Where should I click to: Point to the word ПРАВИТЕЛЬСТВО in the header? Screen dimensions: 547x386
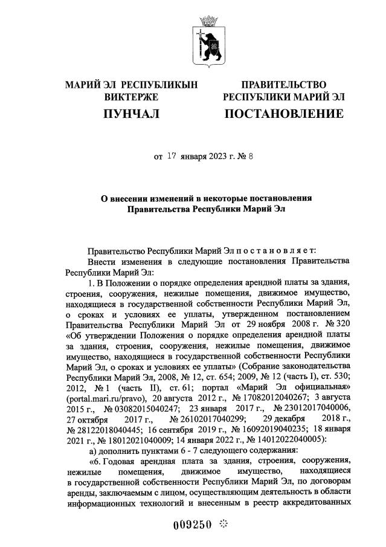tap(284, 85)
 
